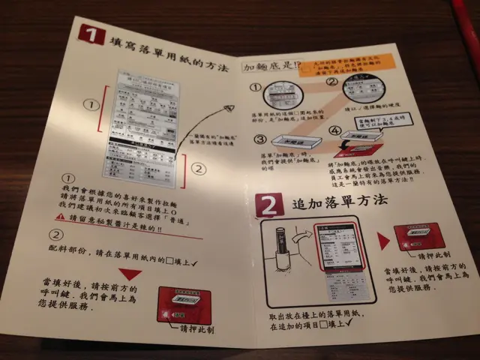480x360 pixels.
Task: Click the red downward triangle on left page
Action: coord(130,274)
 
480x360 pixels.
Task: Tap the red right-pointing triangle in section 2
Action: coord(383,241)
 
